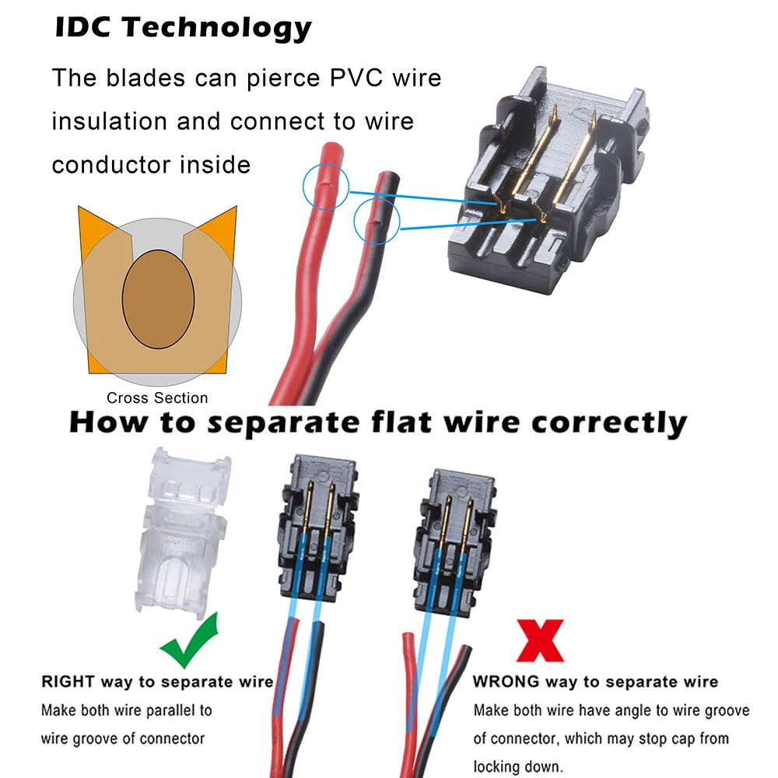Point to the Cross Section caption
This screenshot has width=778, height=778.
157,398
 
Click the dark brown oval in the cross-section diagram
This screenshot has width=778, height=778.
157,301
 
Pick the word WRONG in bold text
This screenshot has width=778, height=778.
506,682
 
